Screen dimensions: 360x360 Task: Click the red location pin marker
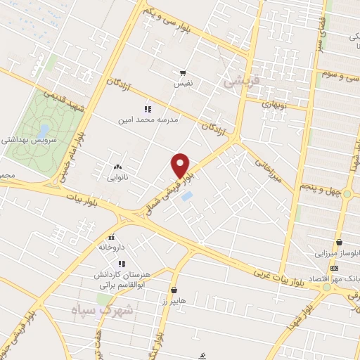(x=181, y=165)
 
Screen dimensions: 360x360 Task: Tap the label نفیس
(x=183, y=84)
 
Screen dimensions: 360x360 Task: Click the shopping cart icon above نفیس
(x=183, y=73)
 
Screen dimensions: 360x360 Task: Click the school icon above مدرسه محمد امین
(x=147, y=109)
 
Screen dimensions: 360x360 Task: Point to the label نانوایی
(x=117, y=177)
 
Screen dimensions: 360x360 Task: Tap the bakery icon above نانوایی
(x=117, y=167)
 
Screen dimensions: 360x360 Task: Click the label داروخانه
(x=112, y=247)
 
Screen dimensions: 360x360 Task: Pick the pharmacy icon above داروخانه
(x=112, y=237)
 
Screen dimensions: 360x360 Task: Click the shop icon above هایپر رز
(x=174, y=290)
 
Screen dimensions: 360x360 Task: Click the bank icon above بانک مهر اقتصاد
(x=333, y=269)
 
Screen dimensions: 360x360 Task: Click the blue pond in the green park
(x=44, y=131)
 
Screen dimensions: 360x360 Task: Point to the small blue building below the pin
(x=186, y=195)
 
